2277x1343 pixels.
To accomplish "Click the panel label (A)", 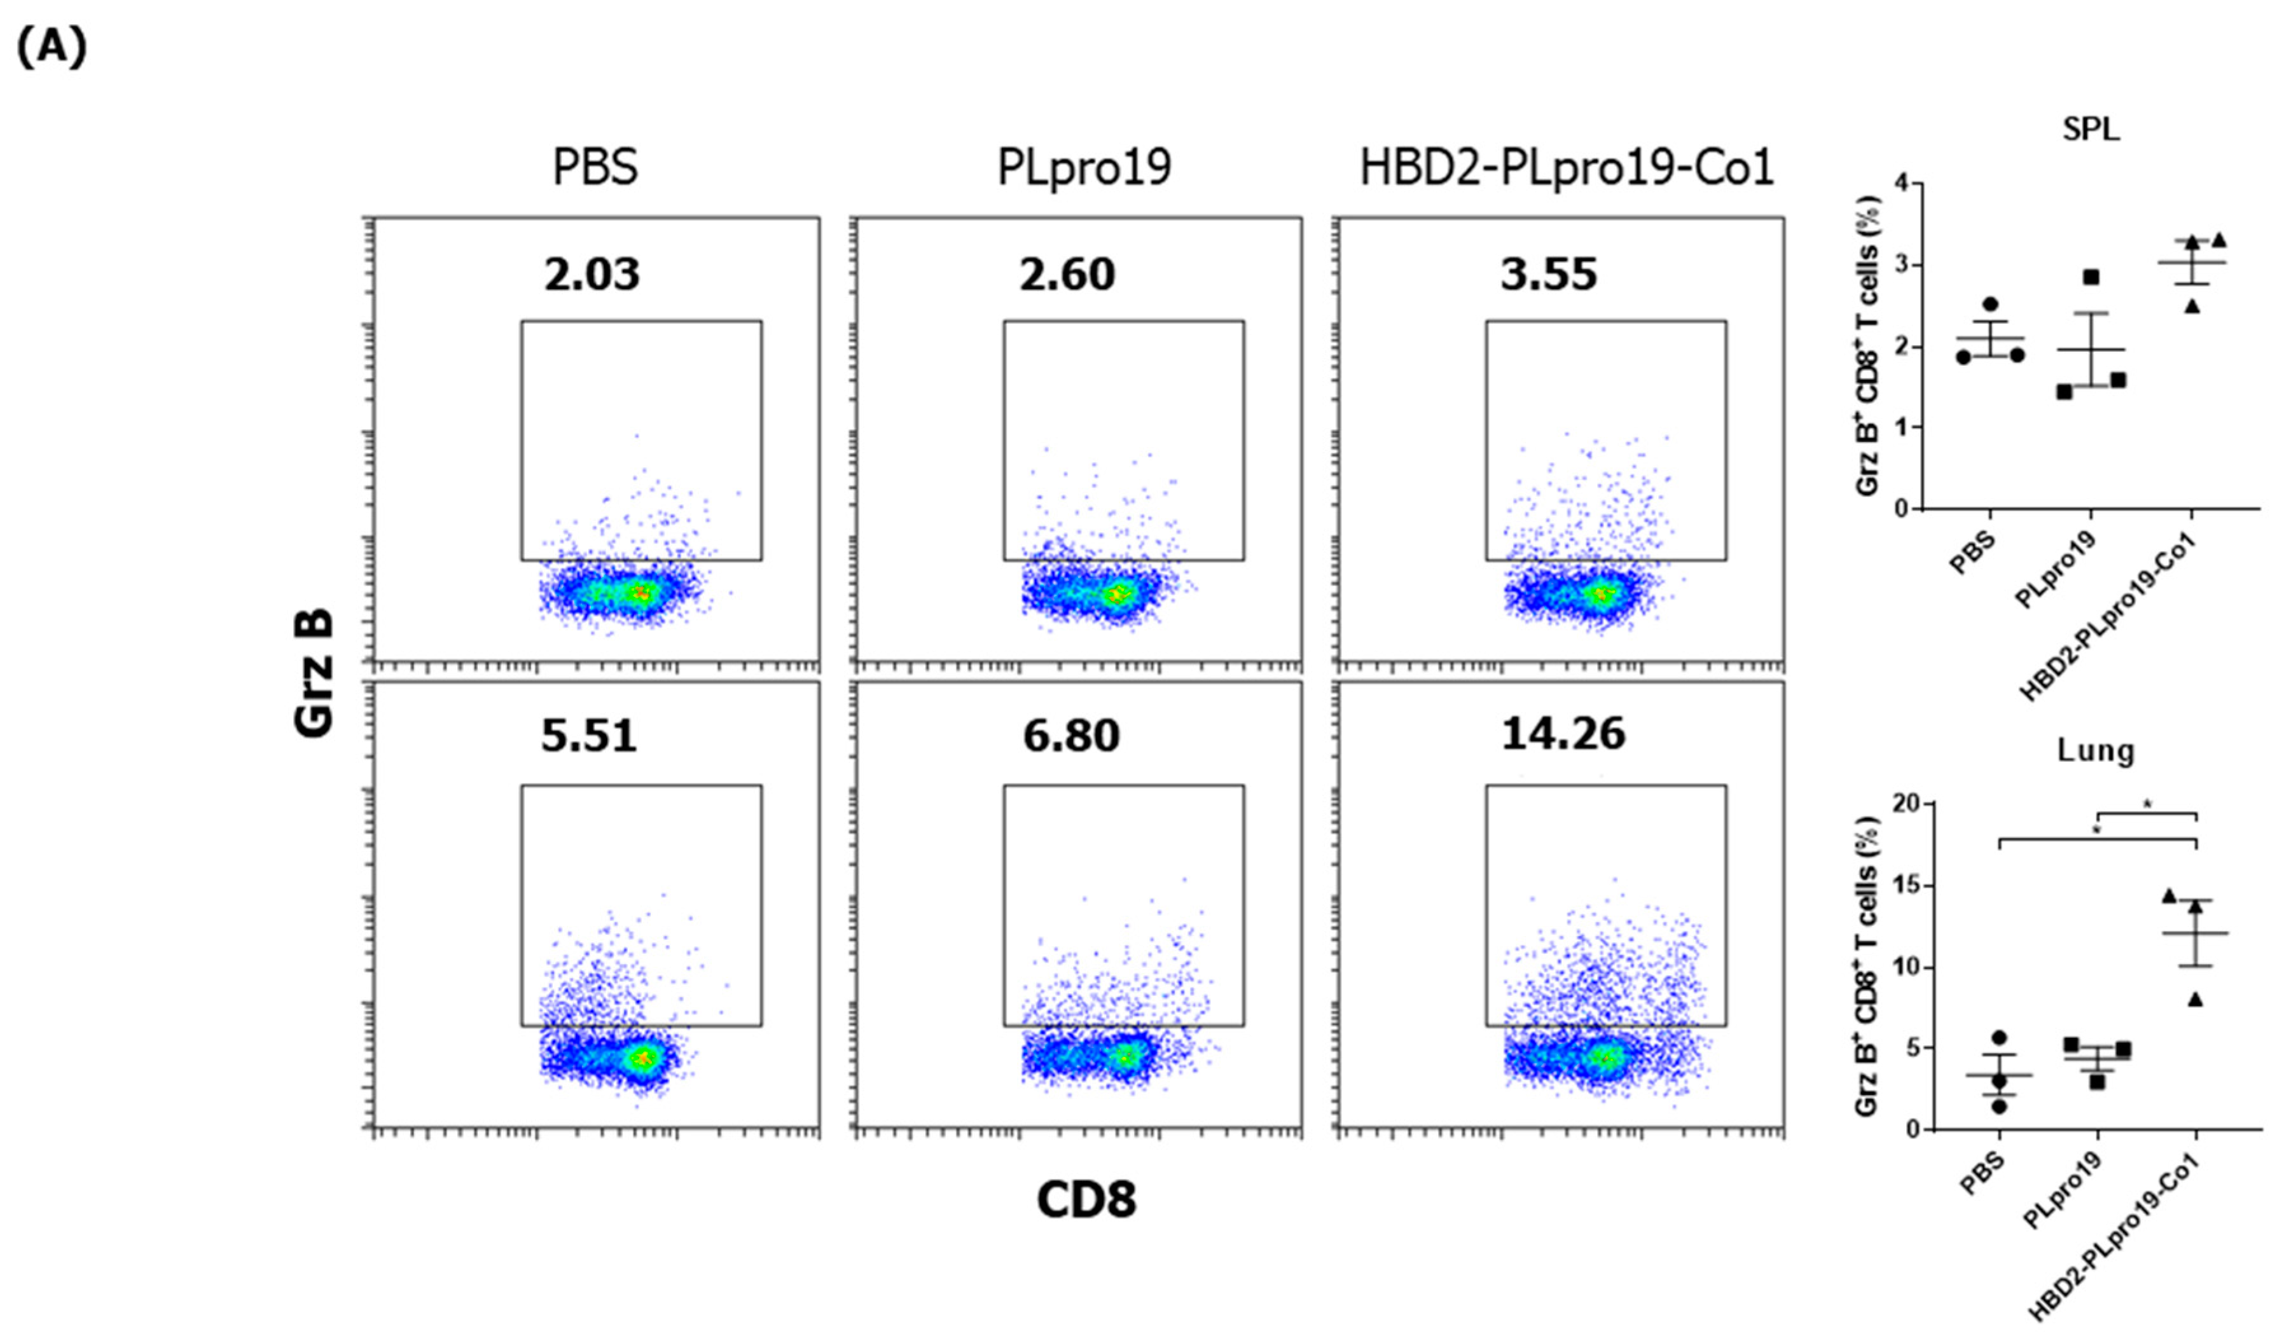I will click(x=52, y=47).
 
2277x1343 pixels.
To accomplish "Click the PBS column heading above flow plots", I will click(x=595, y=167).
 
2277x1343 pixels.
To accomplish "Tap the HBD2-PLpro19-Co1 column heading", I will click(x=1567, y=167).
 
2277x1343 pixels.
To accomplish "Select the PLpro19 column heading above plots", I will click(x=1083, y=167).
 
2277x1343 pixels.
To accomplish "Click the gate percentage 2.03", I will click(x=592, y=274).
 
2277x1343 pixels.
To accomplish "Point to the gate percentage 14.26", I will click(x=1563, y=733).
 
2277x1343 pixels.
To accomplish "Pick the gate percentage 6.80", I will click(x=1072, y=735).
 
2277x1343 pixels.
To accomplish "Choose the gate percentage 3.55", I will click(x=1549, y=274).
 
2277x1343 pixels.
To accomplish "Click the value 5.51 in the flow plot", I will click(x=589, y=735).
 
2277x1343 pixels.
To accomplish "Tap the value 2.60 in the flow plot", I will click(x=1068, y=274).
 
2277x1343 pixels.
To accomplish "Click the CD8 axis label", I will click(x=1085, y=1200).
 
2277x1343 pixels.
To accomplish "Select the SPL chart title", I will click(x=2091, y=130).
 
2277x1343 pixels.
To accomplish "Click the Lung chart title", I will click(x=2095, y=750).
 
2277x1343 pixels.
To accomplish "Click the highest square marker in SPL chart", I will click(x=2091, y=277).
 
